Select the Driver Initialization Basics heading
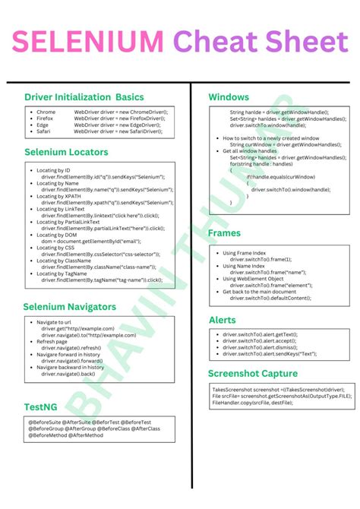click(84, 97)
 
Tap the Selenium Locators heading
click(66, 152)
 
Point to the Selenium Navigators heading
click(69, 306)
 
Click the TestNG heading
click(40, 406)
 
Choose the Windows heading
click(229, 97)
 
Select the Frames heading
click(225, 233)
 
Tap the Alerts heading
click(223, 320)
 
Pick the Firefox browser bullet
click(45, 118)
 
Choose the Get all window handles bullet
click(251, 151)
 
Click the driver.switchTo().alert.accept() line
click(260, 341)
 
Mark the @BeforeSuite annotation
click(46, 422)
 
